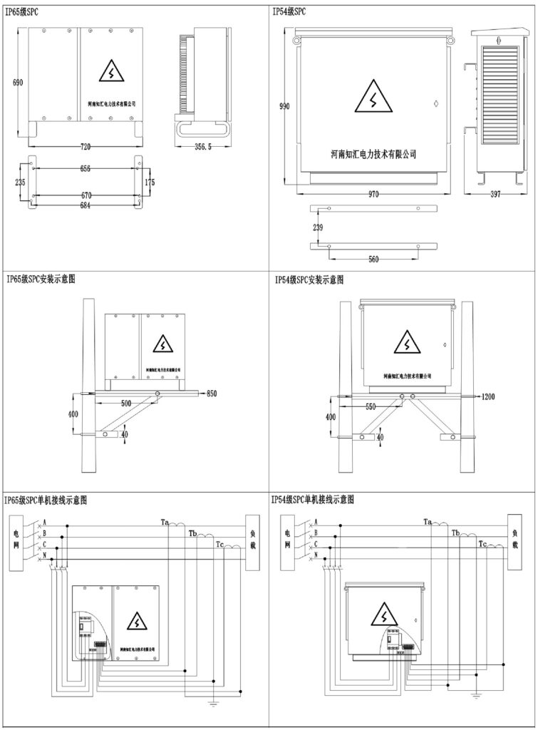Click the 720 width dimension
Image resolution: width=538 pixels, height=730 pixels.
(x=86, y=146)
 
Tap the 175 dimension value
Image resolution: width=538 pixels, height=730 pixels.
(x=149, y=183)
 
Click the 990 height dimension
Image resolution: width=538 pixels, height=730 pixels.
(x=284, y=106)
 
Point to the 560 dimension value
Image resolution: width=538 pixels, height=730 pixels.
(x=373, y=259)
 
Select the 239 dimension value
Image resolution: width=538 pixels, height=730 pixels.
(x=318, y=228)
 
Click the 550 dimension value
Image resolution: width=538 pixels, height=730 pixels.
(x=371, y=406)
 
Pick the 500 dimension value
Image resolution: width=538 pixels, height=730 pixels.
(x=125, y=403)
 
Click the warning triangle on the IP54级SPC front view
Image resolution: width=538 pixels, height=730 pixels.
(x=373, y=98)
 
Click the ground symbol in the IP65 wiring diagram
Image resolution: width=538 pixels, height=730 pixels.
(x=212, y=704)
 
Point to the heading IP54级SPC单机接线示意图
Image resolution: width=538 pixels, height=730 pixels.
(x=314, y=500)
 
